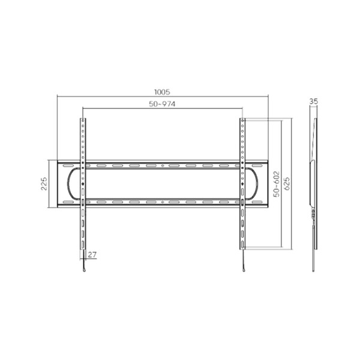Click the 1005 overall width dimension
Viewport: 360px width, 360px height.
click(x=162, y=92)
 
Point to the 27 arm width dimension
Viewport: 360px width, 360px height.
click(x=92, y=254)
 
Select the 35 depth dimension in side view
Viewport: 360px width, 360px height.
click(x=313, y=103)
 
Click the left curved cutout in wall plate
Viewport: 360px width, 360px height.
click(x=72, y=184)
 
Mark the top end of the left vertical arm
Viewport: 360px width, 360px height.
click(x=83, y=120)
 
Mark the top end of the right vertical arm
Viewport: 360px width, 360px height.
click(x=242, y=120)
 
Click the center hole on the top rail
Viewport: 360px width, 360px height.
click(x=163, y=166)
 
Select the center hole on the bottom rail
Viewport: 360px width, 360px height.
click(x=163, y=202)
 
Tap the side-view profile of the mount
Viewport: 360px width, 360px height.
click(x=313, y=180)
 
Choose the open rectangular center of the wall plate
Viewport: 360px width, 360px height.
click(x=163, y=184)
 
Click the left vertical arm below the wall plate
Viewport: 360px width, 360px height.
click(x=83, y=231)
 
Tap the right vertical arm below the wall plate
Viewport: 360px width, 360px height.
click(x=242, y=231)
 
